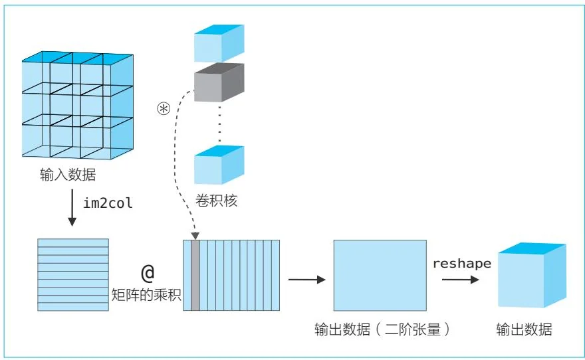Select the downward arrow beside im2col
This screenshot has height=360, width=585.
click(71, 210)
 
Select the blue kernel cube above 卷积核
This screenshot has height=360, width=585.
click(219, 164)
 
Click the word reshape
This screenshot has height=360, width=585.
click(462, 264)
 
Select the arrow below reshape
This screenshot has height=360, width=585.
click(461, 280)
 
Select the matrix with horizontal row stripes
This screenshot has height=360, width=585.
click(72, 275)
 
